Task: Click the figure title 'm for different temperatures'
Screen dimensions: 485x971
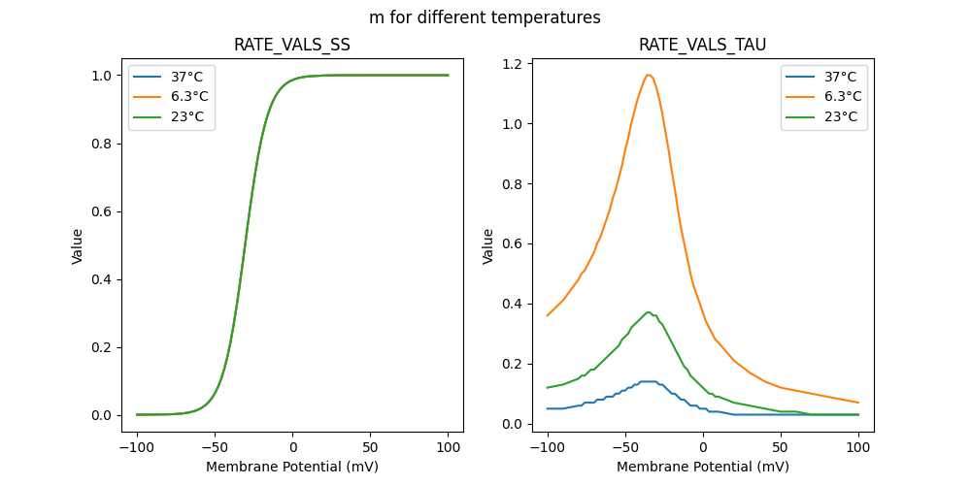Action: point(485,17)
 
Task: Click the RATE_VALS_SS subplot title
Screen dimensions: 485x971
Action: point(292,45)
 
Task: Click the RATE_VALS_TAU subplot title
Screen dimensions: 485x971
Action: point(702,45)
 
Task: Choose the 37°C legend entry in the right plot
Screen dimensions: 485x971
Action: point(841,77)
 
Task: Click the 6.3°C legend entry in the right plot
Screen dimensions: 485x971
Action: point(841,96)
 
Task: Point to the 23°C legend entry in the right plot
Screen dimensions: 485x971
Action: point(841,116)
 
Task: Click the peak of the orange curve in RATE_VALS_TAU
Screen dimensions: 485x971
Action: point(648,75)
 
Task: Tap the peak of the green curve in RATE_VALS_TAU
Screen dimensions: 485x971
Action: point(648,312)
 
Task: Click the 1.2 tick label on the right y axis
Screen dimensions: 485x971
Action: point(512,64)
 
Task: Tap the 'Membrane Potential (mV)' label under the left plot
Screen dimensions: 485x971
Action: point(292,467)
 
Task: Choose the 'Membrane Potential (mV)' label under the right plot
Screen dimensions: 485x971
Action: point(703,467)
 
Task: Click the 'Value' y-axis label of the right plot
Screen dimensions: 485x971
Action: point(488,245)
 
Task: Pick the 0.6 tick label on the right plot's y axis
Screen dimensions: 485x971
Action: point(512,244)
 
